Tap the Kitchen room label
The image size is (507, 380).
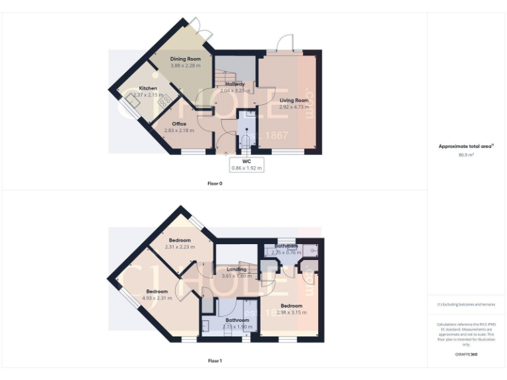pyautogui.click(x=148, y=88)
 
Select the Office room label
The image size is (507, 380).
pyautogui.click(x=179, y=123)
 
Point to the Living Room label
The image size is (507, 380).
pyautogui.click(x=294, y=100)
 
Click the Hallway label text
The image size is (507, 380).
pyautogui.click(x=235, y=84)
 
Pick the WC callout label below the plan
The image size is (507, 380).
pyautogui.click(x=246, y=160)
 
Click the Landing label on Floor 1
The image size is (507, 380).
pyautogui.click(x=236, y=269)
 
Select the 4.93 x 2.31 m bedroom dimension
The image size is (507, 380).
pyautogui.click(x=156, y=298)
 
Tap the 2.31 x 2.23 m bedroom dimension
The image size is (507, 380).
pyautogui.click(x=180, y=247)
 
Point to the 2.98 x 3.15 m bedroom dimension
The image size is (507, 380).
pyautogui.click(x=291, y=312)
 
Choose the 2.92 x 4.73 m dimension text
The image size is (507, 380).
pyautogui.click(x=294, y=107)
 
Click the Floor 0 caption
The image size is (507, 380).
pyautogui.click(x=215, y=183)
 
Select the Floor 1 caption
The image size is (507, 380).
pyautogui.click(x=215, y=361)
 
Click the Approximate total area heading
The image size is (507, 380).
pyautogui.click(x=466, y=146)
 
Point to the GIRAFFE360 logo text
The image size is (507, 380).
pyautogui.click(x=466, y=355)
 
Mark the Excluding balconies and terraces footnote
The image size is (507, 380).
pyautogui.click(x=466, y=305)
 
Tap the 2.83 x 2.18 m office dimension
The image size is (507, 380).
pyautogui.click(x=179, y=130)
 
